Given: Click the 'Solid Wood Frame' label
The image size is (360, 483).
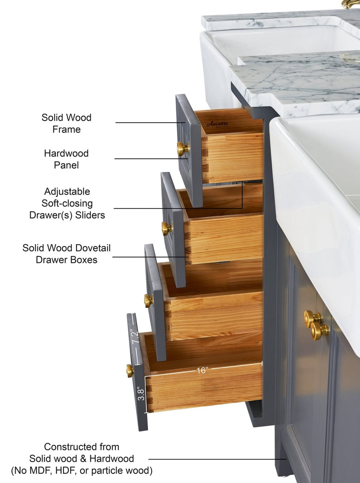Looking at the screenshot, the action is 67,123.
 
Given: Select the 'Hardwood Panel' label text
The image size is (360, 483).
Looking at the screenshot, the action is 66,159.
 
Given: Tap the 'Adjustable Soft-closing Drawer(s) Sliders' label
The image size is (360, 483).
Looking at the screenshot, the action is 67,203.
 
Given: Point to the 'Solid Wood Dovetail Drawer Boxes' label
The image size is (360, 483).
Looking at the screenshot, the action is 67,254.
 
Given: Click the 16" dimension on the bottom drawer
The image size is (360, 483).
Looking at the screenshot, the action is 202,370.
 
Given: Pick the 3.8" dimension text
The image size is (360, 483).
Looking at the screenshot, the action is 141,394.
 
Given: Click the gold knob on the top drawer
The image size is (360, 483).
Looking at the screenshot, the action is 182,149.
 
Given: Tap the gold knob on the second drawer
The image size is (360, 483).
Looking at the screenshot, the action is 167,229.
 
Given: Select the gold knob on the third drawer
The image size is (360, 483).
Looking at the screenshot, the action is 148,301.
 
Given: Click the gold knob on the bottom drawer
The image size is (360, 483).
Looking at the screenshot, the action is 130,371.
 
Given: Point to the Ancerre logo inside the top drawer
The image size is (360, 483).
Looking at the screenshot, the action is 217,124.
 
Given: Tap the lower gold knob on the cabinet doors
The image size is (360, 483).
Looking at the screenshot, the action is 319,330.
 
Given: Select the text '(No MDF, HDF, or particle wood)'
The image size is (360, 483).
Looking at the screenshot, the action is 81,470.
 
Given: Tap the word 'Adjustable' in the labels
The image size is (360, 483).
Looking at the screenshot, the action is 67,191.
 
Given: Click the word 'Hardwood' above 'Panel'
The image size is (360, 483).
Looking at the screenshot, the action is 66,153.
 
